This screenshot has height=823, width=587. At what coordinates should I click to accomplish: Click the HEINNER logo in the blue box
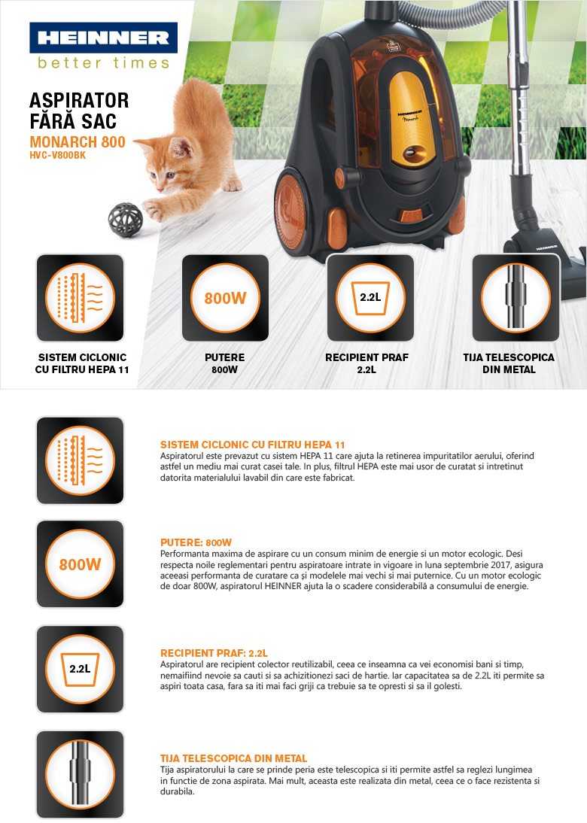click(x=103, y=38)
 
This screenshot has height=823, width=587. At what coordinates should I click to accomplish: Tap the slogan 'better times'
click(x=103, y=63)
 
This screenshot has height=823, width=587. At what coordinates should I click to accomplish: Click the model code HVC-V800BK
click(x=57, y=156)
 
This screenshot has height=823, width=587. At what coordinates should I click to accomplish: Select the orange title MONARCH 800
click(x=78, y=141)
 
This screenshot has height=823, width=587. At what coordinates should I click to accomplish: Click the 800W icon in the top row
click(x=225, y=298)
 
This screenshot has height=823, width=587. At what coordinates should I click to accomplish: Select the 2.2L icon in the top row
click(x=370, y=298)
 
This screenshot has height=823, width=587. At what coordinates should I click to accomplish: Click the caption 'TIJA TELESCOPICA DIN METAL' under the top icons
click(x=509, y=363)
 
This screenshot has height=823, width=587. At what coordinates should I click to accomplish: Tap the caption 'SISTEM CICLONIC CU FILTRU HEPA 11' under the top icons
click(x=82, y=363)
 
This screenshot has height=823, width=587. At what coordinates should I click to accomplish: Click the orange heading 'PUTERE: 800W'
click(x=196, y=542)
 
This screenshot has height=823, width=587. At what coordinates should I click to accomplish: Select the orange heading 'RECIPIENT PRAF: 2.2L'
click(x=214, y=653)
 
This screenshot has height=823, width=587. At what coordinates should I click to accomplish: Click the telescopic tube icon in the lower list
click(x=80, y=774)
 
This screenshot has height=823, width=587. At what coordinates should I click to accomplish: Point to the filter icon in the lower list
click(x=80, y=460)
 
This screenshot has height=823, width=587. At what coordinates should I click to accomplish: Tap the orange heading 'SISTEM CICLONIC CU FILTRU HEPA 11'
click(x=253, y=445)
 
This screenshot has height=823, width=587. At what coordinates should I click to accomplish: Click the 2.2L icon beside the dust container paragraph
click(x=80, y=669)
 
